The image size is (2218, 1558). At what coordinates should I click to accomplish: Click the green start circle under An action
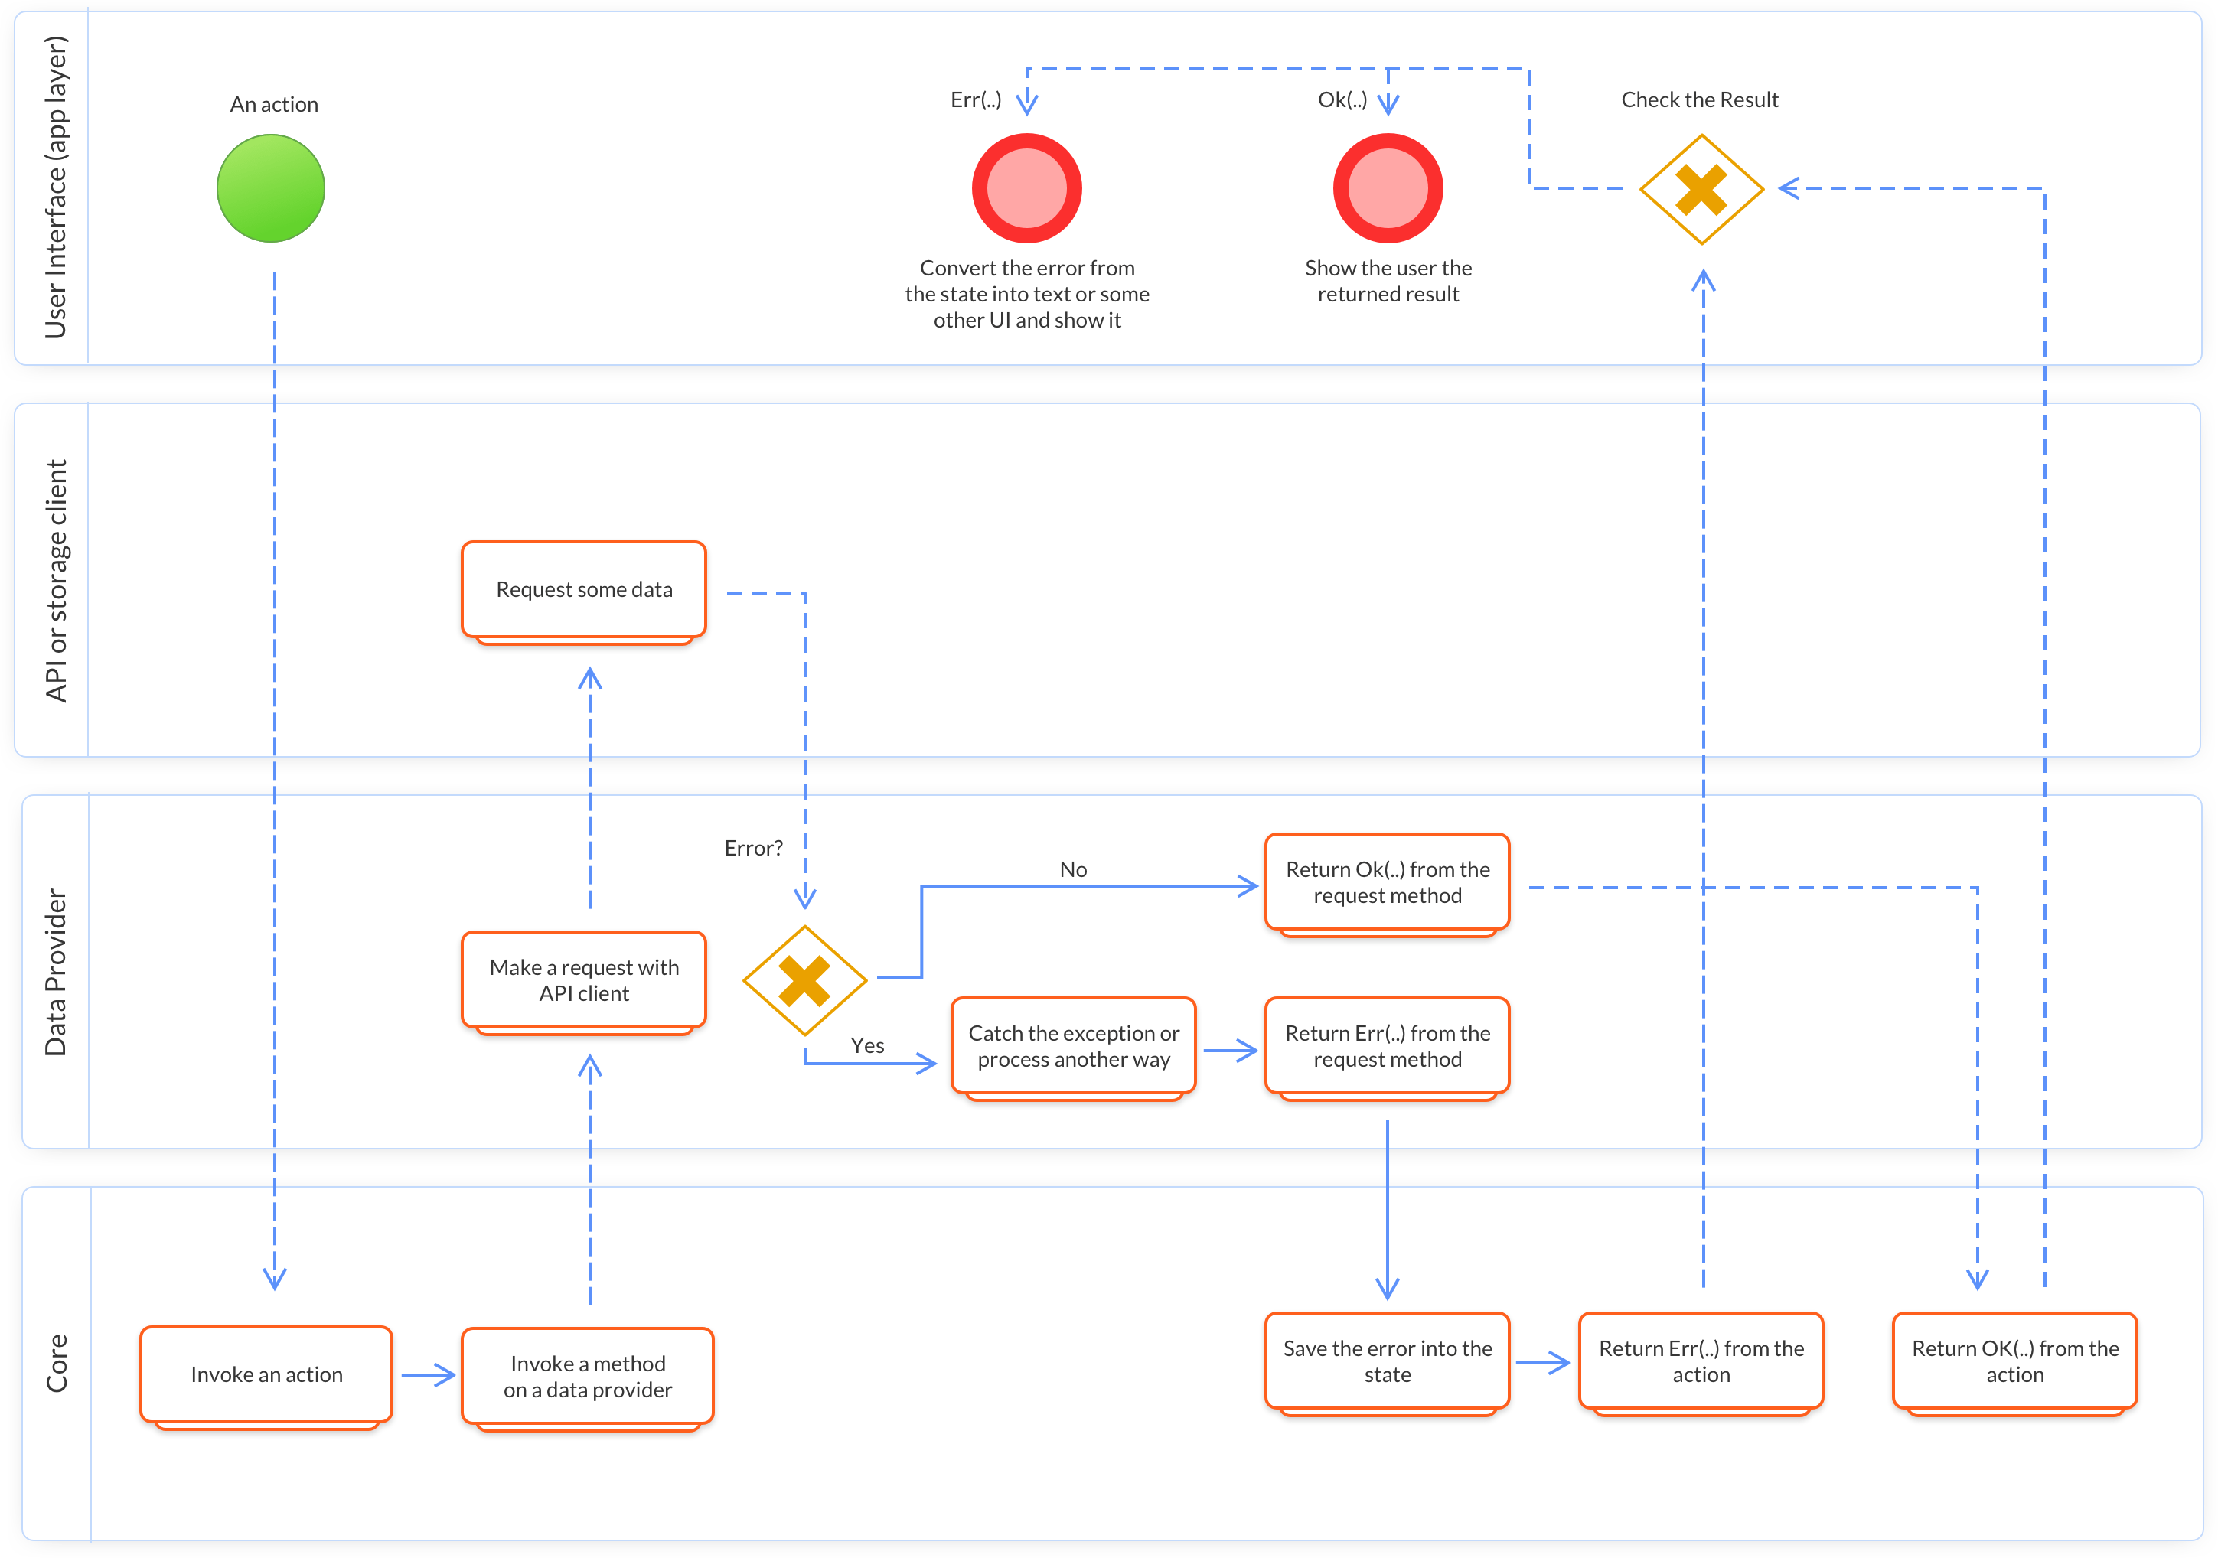[x=270, y=188]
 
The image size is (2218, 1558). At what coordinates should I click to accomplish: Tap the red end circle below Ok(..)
[x=1388, y=188]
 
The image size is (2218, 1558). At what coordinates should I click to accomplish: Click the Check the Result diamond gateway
[x=1701, y=189]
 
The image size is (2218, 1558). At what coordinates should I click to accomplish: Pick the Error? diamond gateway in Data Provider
[x=804, y=980]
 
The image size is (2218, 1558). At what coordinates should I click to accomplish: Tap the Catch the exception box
[x=1073, y=1046]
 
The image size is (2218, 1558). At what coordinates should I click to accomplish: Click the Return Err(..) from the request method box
[x=1388, y=1046]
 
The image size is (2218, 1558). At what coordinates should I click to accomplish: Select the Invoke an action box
[x=266, y=1374]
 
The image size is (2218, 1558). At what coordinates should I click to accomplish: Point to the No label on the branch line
[x=1073, y=869]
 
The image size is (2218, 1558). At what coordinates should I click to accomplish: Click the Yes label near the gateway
[x=866, y=1045]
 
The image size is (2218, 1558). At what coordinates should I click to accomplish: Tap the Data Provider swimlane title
[x=56, y=972]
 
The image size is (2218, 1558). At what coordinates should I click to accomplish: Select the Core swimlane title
[x=56, y=1362]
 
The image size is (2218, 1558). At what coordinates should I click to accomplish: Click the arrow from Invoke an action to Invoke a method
[x=428, y=1374]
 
